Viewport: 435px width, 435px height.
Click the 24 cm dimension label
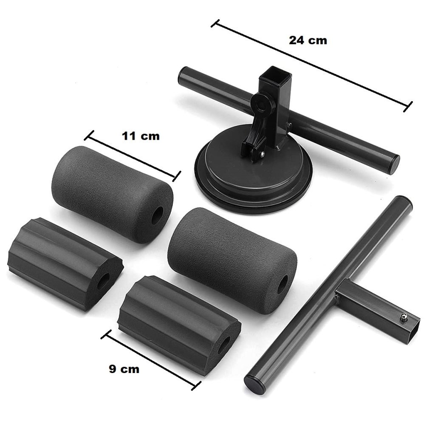click(308, 40)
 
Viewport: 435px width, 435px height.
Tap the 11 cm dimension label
click(141, 136)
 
